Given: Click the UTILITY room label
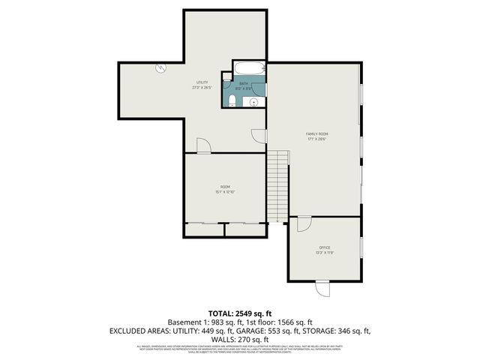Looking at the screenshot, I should [202, 82].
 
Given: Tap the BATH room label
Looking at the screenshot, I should [244, 83].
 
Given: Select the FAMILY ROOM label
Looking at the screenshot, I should [317, 133].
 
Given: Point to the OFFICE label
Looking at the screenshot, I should [325, 247].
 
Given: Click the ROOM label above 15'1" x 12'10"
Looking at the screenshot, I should [225, 186].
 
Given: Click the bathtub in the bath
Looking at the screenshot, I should [248, 70].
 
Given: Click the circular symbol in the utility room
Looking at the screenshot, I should [160, 68].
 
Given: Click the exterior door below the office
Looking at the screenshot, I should [322, 287].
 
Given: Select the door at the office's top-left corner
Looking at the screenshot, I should [304, 223].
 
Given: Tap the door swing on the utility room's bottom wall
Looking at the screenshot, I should [203, 145].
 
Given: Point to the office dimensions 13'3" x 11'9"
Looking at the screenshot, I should [325, 253].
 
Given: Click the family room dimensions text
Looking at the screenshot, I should [317, 138].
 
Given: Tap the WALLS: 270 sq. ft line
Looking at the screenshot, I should [239, 338].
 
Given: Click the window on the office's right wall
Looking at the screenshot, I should [361, 247].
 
